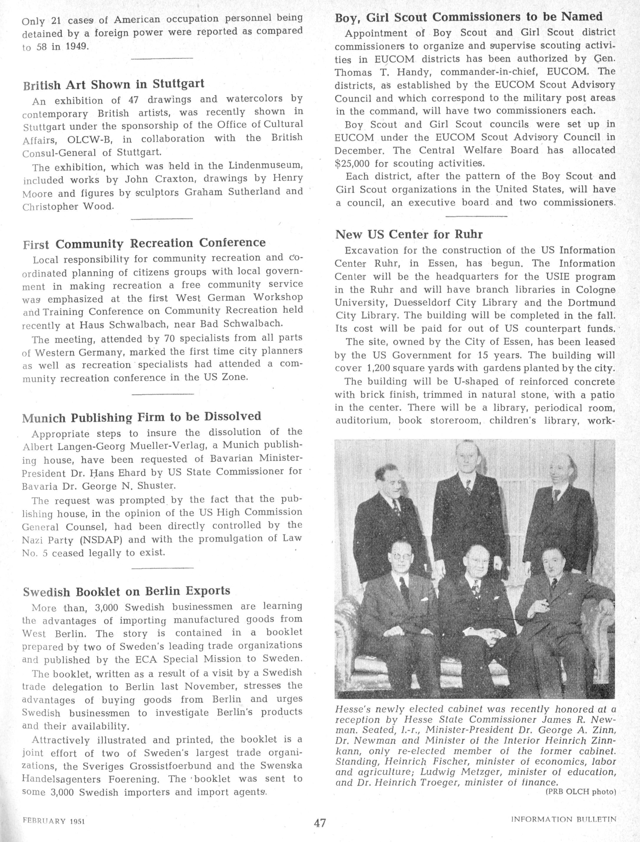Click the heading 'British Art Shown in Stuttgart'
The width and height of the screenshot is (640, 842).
113,84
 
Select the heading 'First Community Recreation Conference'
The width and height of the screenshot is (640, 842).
144,243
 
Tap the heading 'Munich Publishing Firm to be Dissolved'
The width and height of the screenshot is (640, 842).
142,417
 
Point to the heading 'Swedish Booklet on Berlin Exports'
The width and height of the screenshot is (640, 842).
126,591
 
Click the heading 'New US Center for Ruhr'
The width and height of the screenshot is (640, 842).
409,234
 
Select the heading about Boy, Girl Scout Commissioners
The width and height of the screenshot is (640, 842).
469,17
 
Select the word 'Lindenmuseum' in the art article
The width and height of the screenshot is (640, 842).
265,165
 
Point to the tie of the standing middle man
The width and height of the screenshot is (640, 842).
469,486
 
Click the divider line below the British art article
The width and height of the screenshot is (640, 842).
161,218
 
